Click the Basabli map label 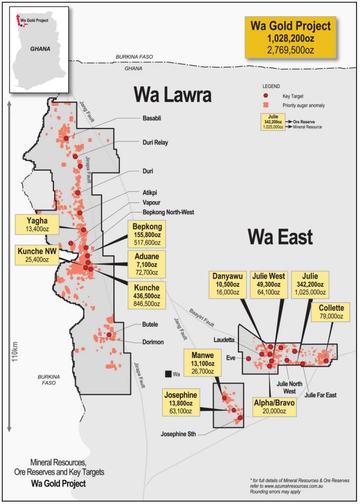[x=152, y=119]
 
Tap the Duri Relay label [x=156, y=142]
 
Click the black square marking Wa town [x=168, y=373]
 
